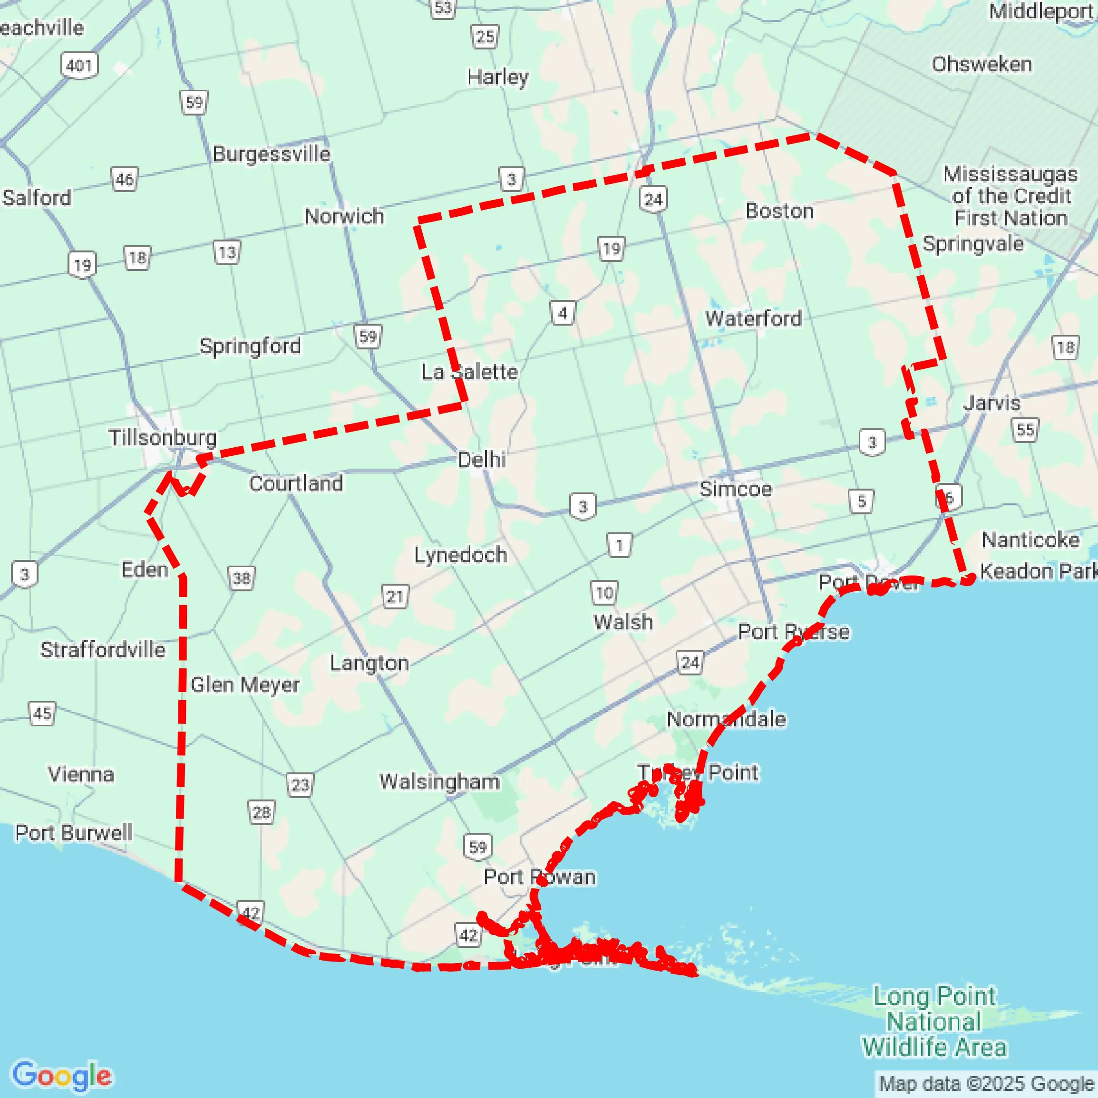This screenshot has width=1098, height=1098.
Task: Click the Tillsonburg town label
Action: pos(163,438)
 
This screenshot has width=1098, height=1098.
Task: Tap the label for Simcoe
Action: pos(735,489)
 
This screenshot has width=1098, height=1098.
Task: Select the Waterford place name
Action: pos(753,318)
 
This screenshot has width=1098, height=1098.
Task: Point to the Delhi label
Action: pos(482,459)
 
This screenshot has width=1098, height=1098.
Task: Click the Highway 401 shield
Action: pos(79,66)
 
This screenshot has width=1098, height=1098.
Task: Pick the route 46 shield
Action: pos(125,180)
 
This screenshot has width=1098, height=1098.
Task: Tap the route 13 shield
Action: pos(227,252)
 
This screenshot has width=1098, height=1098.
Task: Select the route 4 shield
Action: pos(563,313)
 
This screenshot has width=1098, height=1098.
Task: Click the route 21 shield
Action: pos(395,597)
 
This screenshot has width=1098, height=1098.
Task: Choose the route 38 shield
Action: pos(242,578)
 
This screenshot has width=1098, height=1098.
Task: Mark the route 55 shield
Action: pos(1025,430)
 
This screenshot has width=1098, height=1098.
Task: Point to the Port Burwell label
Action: pos(73,833)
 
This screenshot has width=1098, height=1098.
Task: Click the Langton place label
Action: pos(369,663)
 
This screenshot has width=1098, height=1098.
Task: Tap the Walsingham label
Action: pos(439,781)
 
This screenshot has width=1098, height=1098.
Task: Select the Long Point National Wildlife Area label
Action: pos(934,1021)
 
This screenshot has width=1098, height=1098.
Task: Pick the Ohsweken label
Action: pos(981,64)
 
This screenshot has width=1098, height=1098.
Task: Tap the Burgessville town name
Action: pos(271,154)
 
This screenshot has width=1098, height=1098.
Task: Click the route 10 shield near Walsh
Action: pos(604,593)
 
